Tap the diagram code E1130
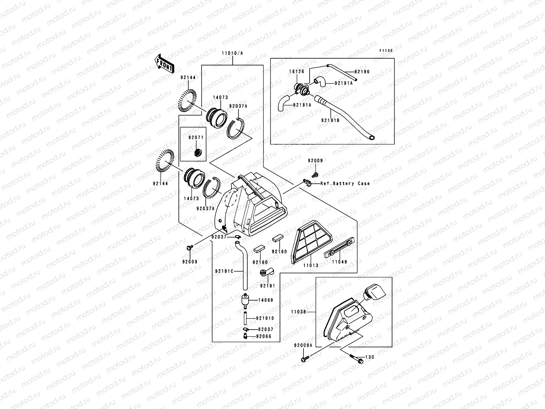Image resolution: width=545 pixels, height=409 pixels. pos(386,50)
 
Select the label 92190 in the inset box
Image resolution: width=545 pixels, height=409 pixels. pos(362,72)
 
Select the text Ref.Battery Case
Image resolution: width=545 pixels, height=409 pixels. pos(345,183)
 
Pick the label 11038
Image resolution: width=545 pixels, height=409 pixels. pos(299,312)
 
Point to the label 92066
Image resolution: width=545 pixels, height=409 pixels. pos(264,336)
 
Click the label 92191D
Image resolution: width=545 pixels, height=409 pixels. pos(265,318)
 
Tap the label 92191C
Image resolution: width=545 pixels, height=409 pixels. pos(224,271)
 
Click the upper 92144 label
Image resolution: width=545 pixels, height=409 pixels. pos(188,77)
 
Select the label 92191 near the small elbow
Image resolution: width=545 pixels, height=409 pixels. pos(267,286)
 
